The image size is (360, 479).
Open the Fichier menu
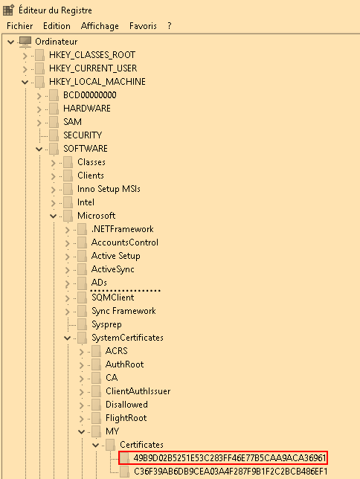[x=20, y=26]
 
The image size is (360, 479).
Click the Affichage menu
[x=100, y=26]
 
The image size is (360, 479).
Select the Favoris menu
[x=143, y=26]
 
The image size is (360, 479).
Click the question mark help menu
[x=170, y=26]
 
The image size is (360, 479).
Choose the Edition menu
[x=57, y=26]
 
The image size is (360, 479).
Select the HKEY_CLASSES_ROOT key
[x=92, y=55]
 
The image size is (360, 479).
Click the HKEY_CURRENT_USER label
[x=93, y=68]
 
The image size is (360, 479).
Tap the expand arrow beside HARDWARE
[x=39, y=109]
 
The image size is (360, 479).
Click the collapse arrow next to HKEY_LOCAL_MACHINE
[x=25, y=82]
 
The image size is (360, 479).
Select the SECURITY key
[x=83, y=135]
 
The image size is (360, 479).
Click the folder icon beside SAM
[x=54, y=122]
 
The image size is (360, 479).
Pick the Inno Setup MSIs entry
[x=109, y=189]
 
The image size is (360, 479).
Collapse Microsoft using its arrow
[x=53, y=216]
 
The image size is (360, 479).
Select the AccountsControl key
[x=125, y=242]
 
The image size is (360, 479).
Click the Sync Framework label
[x=123, y=311]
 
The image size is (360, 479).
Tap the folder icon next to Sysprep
[x=82, y=324]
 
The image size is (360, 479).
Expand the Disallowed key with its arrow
[x=81, y=405]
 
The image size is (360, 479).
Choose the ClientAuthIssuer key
[x=138, y=391]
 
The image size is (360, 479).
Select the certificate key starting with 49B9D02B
[x=230, y=458]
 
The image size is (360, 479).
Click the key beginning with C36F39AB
[x=231, y=472]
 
